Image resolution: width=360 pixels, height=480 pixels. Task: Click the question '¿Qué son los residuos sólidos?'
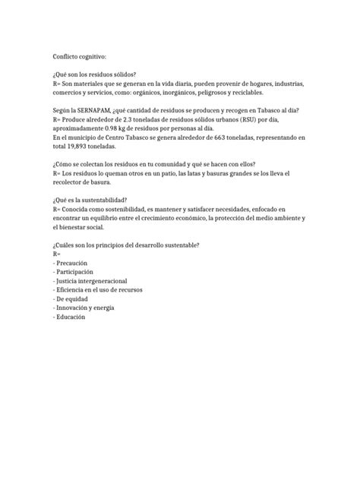96,76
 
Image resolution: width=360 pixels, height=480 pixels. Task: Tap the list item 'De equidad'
74,300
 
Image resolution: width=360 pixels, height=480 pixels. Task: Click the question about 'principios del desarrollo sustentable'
125,244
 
